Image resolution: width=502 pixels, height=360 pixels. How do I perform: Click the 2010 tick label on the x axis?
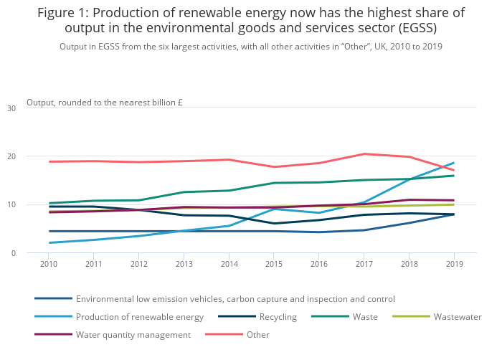coord(49,264)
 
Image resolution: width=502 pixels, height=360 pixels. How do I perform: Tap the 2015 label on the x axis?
coord(273,264)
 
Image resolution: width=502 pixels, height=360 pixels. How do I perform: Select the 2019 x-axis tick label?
coord(453,264)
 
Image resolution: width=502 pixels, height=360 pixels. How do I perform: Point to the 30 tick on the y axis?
coord(11,108)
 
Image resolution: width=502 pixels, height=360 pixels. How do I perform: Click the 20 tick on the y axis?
coord(11,156)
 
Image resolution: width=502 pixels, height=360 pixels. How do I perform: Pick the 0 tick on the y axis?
coord(13,253)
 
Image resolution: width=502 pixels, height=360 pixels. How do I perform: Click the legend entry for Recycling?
coord(278,317)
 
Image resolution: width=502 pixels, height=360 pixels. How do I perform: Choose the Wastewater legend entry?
coord(458,317)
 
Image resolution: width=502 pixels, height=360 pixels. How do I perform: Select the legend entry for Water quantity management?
coord(133,335)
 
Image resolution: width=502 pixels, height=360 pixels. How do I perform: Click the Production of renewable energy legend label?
coord(140,317)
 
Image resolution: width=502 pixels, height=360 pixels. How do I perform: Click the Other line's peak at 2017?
coord(364,153)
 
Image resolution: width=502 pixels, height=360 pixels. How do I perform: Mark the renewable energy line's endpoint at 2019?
coord(453,163)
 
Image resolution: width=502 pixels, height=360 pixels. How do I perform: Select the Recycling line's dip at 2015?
coord(273,224)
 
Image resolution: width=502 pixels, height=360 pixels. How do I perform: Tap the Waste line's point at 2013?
coord(184,192)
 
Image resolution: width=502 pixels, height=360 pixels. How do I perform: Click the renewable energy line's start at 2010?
coord(49,243)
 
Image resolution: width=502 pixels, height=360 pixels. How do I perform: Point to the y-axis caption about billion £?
coord(105,103)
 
